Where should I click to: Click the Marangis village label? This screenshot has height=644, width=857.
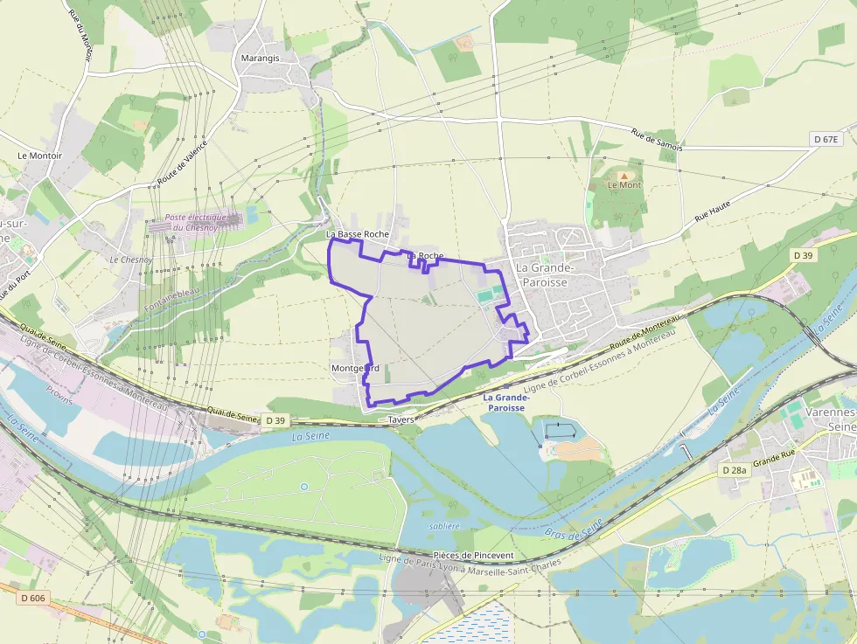coord(260,59)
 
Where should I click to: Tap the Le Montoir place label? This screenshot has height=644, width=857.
coord(40,156)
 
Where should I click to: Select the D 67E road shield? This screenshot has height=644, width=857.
coord(825,140)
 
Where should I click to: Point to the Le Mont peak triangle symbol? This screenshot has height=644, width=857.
coord(624,175)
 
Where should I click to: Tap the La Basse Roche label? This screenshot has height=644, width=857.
coord(357,234)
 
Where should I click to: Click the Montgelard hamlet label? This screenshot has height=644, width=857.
coord(355,368)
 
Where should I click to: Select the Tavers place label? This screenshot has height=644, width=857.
coord(401,419)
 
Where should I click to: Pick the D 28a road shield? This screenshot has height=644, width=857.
coord(735,470)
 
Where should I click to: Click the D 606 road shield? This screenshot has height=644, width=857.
coord(31,598)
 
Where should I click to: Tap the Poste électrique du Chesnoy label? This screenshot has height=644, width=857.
coord(196,222)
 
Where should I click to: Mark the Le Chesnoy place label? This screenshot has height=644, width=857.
coord(131,260)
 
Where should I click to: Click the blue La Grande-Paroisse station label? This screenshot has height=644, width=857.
coord(505,402)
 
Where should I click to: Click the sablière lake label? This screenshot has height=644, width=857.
coord(445,526)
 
